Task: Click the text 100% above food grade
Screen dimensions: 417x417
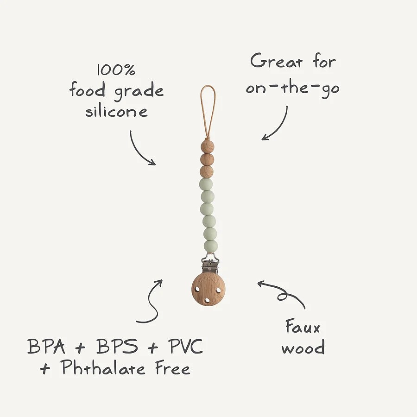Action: (x=116, y=70)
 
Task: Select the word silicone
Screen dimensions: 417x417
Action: (x=116, y=112)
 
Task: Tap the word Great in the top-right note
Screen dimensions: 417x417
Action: (x=277, y=61)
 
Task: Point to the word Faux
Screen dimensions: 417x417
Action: (x=303, y=327)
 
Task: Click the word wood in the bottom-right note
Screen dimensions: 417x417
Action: (x=303, y=347)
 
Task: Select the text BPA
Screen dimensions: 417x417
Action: (x=46, y=346)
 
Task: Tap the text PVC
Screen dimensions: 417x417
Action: (x=185, y=346)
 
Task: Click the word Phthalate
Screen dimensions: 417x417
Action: (x=103, y=367)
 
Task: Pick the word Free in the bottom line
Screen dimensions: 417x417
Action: (x=173, y=368)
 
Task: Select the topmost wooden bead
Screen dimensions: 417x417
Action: (x=208, y=147)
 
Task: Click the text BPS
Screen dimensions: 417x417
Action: (x=117, y=346)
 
